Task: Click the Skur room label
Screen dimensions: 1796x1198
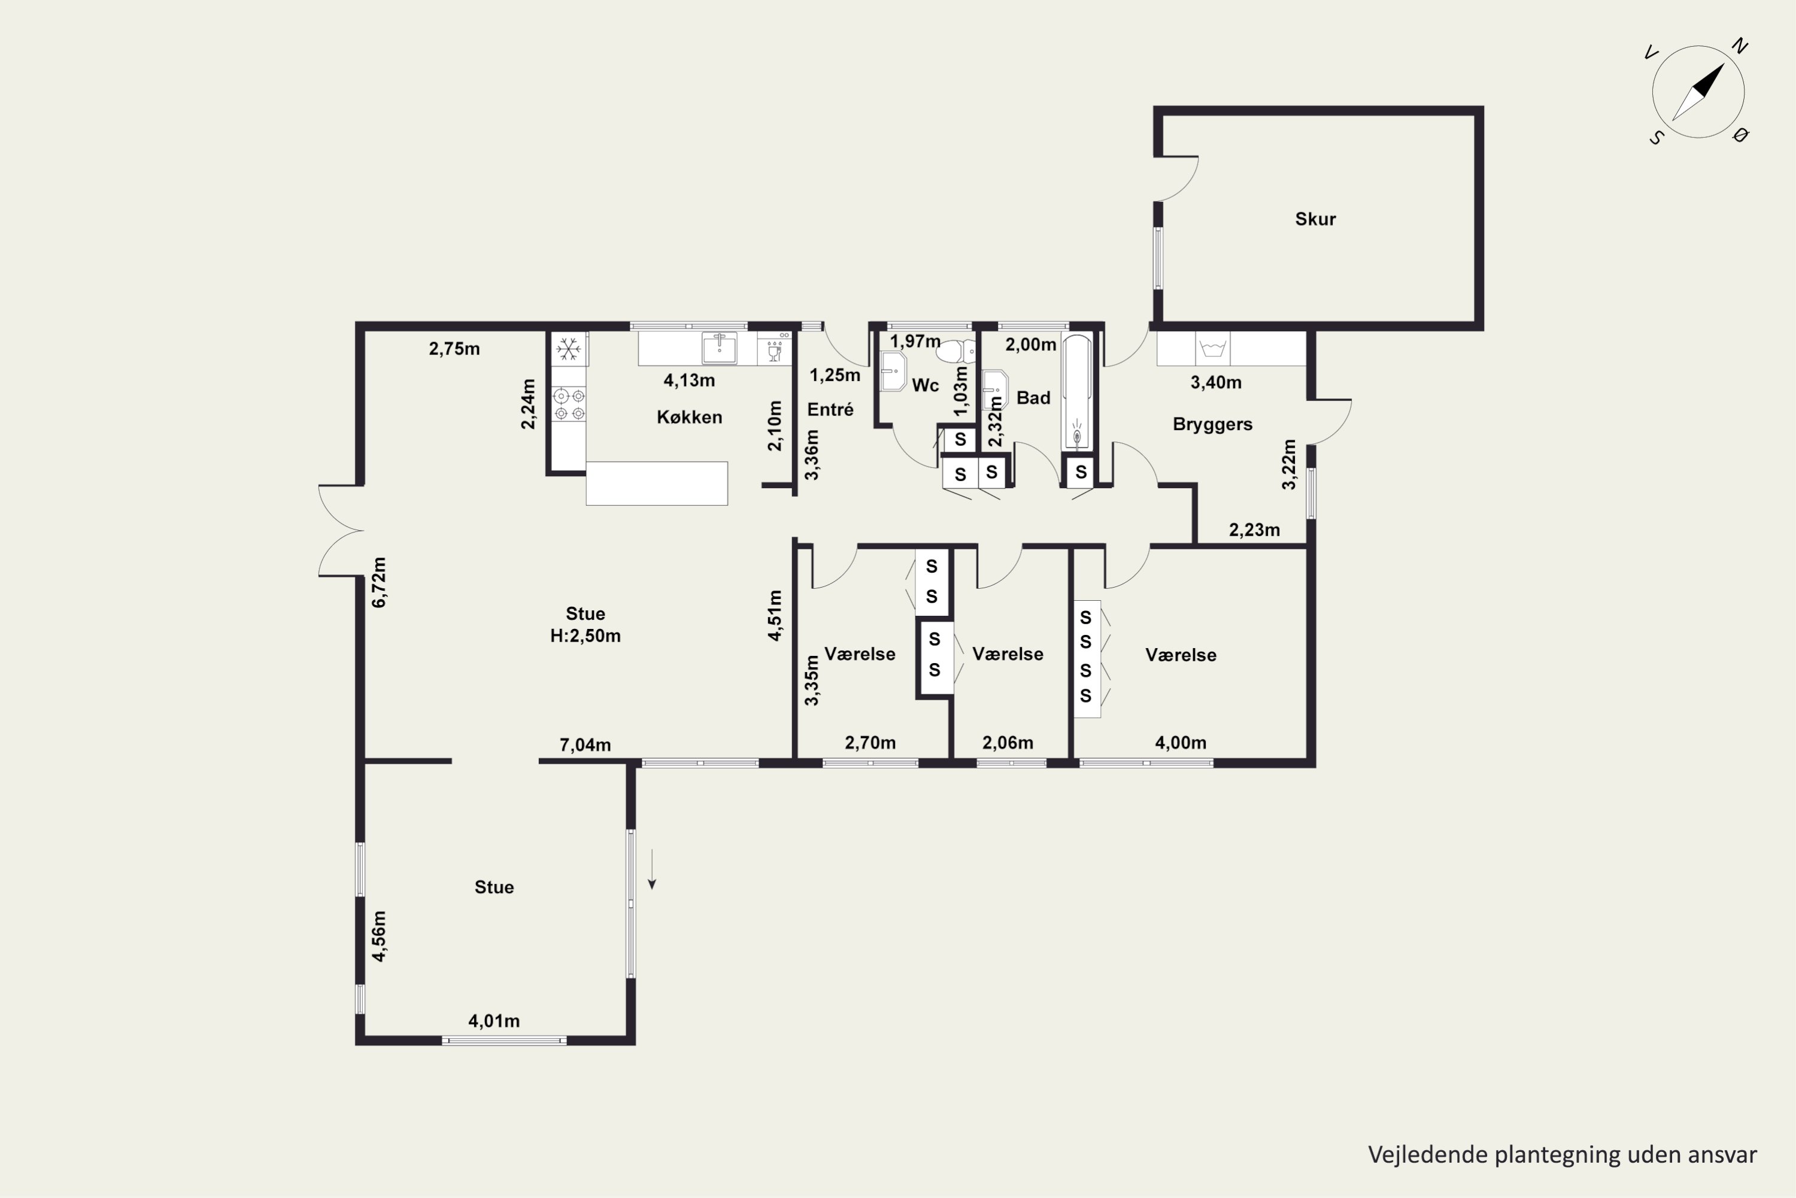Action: (x=1315, y=219)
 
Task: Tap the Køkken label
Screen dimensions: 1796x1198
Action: (x=689, y=417)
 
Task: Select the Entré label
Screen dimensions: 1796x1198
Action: (x=830, y=410)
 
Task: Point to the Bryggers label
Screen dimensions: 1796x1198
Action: (x=1213, y=424)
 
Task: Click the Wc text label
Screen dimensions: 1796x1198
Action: (x=926, y=385)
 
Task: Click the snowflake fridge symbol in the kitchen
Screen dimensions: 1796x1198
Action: (x=568, y=349)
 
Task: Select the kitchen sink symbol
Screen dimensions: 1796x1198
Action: (x=720, y=349)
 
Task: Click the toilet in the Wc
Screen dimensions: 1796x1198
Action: (x=957, y=352)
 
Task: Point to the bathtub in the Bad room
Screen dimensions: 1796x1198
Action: (x=1078, y=391)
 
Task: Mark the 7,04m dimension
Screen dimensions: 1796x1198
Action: (x=585, y=745)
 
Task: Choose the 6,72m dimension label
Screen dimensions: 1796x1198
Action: (x=379, y=582)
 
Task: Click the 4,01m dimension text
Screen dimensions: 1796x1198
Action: (x=494, y=1021)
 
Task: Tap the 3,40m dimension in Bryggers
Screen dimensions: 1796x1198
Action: (x=1216, y=382)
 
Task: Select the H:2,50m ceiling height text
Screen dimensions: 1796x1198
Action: (x=585, y=636)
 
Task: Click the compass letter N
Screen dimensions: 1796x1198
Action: (x=1740, y=47)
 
